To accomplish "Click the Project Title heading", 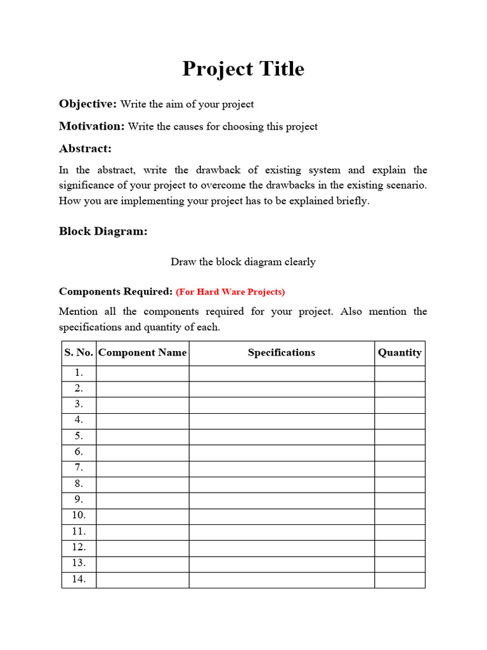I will pos(243,69).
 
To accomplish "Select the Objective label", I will pos(88,103).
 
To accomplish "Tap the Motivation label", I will pos(92,126).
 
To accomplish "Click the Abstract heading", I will pos(85,149).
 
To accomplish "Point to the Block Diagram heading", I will pos(103,231).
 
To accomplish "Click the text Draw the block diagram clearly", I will pos(243,262).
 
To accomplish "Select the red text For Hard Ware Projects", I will pos(230,292).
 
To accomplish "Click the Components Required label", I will pos(115,291).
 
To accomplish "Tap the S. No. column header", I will pos(79,353).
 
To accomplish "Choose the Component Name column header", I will pos(143,353).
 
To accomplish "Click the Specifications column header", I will pos(281,353).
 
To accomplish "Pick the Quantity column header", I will pos(399,353).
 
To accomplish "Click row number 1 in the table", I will pos(79,373).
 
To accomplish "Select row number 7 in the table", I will pos(79,468).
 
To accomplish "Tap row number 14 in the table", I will pos(79,579).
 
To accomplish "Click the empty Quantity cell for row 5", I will pos(399,436).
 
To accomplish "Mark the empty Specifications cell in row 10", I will pos(281,515).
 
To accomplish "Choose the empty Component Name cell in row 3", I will pos(143,404).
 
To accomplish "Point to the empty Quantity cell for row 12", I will pos(399,547).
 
